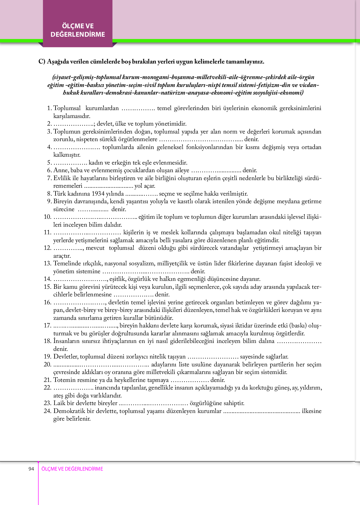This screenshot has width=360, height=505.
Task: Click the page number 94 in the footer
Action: (31, 469)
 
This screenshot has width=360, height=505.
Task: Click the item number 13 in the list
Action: (47, 263)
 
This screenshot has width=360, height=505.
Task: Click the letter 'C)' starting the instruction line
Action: (42, 62)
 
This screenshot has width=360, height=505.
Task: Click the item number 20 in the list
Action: (47, 364)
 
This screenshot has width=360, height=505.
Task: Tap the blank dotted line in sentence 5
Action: (70, 163)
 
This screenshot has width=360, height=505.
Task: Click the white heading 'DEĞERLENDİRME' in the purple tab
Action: (78, 34)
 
